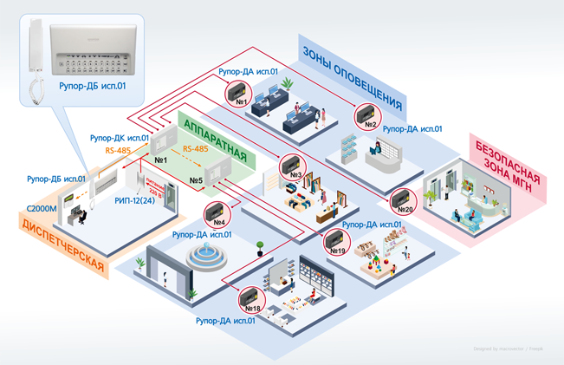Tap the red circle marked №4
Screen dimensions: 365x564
click(x=217, y=214)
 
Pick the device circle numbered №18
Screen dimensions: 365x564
click(x=251, y=299)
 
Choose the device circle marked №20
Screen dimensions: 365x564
click(x=405, y=201)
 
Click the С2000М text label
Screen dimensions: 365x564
click(x=41, y=209)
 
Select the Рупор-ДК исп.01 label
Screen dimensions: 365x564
click(x=120, y=138)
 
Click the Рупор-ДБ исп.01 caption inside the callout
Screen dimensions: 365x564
click(x=92, y=87)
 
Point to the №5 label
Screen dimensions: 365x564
click(x=197, y=181)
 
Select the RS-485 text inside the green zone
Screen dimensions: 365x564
click(x=196, y=149)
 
